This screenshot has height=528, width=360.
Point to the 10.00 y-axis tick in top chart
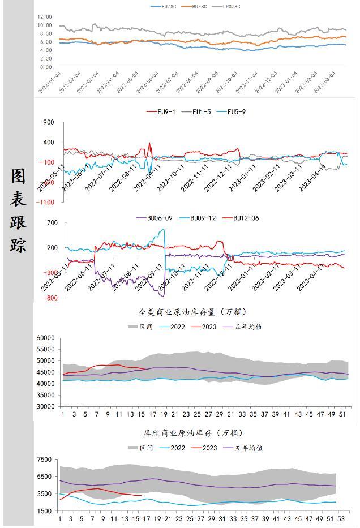click(x=45, y=25)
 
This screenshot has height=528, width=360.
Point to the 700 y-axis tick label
click(x=52, y=223)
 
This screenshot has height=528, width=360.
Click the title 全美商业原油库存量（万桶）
click(x=192, y=312)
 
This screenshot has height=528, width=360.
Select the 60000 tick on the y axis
click(x=45, y=338)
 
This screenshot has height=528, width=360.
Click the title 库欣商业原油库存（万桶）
click(x=192, y=433)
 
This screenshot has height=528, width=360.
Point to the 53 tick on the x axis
click(x=340, y=518)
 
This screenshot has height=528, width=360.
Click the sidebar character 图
click(x=18, y=177)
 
